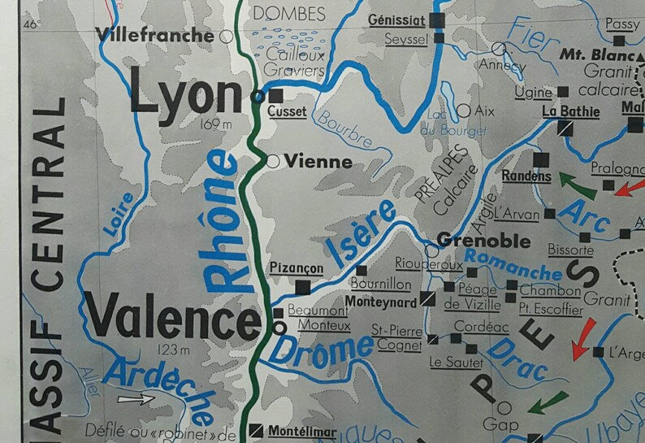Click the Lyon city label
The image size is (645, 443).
click(185, 97)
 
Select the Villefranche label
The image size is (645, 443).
click(155, 34)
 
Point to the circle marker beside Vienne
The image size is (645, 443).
click(273, 162)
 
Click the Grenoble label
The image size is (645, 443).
click(483, 241)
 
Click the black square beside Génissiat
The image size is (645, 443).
click(439, 20)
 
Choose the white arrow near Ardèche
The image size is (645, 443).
click(135, 399)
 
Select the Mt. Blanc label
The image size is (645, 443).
click(596, 55)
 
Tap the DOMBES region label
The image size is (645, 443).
click(289, 13)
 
